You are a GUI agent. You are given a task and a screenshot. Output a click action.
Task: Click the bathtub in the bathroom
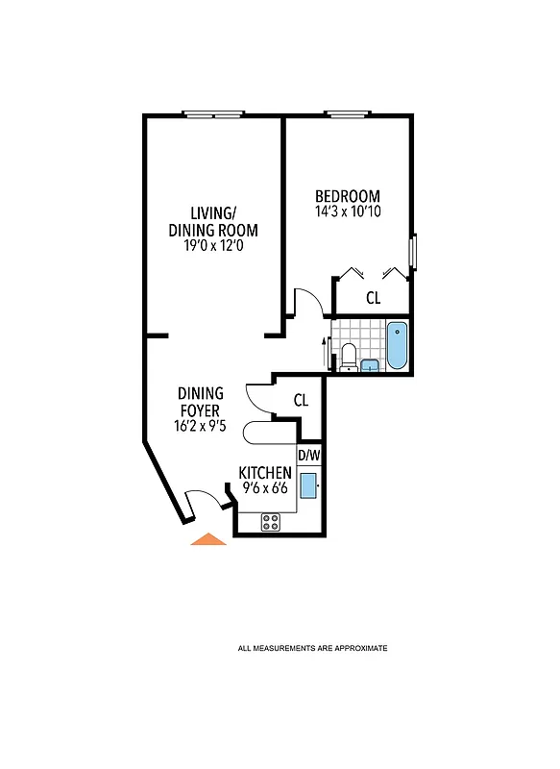point(397,346)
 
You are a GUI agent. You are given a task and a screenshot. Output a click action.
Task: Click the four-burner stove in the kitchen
point(271,522)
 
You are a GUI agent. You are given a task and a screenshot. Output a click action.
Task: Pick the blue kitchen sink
point(308,484)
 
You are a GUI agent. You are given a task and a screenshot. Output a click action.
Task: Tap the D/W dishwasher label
point(308,455)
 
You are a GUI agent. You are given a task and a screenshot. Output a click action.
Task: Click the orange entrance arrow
point(208,539)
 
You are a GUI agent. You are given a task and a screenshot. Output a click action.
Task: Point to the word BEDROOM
point(347,196)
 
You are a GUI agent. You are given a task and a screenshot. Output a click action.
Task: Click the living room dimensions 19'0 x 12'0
point(212,246)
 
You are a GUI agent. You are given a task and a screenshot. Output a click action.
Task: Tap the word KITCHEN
point(265,473)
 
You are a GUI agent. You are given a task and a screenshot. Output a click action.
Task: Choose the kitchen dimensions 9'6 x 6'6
point(265,487)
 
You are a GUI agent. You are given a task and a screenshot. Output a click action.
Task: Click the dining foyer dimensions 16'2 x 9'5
point(200,426)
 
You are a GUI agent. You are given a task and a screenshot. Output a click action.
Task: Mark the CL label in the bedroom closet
point(373,299)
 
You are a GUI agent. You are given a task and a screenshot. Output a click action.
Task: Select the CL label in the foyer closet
point(301,400)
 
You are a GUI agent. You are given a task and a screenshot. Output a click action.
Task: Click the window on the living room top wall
point(212,116)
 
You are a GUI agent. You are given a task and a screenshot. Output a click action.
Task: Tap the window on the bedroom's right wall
point(412,252)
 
